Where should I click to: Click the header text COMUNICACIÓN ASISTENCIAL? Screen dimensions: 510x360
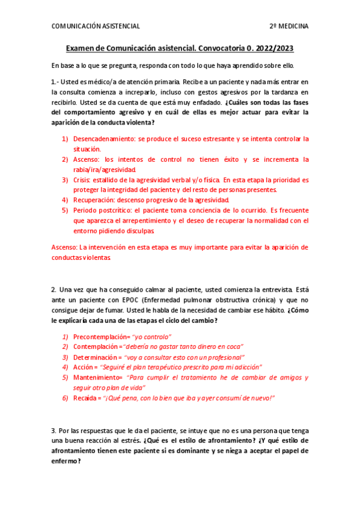pyautogui.click(x=96, y=26)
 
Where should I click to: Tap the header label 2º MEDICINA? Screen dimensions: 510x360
pyautogui.click(x=289, y=26)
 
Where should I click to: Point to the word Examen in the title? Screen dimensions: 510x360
pyautogui.click(x=82, y=48)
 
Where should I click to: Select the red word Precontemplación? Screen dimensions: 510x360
pyautogui.click(x=99, y=337)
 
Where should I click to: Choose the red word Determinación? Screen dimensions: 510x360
pyautogui.click(x=98, y=357)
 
